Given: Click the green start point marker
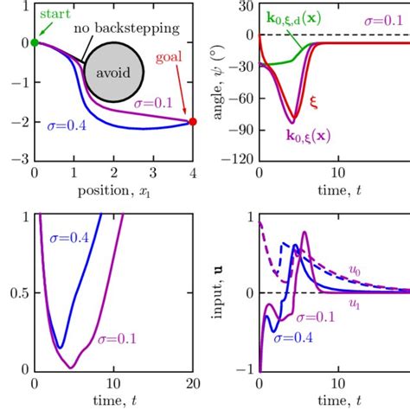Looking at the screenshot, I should pyautogui.click(x=34, y=42).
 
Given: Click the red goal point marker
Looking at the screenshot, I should pyautogui.click(x=193, y=122).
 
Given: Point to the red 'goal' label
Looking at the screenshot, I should pyautogui.click(x=171, y=59).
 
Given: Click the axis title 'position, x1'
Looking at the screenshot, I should pyautogui.click(x=112, y=189).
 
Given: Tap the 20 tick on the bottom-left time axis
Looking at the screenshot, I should pyautogui.click(x=193, y=383).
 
